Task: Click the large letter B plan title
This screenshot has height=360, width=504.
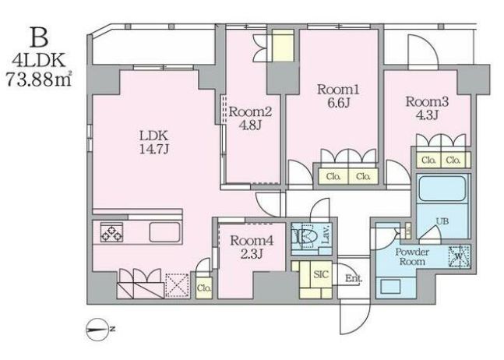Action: coord(39,37)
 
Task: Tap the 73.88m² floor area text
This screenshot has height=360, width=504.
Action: coord(39,79)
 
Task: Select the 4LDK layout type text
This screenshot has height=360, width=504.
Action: coord(39,60)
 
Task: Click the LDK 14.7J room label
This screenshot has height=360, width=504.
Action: coord(154,142)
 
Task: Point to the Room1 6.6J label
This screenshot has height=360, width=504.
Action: coord(337,96)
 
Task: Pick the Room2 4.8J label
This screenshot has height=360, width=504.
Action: coord(250,118)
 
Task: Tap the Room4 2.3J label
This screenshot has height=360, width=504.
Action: coord(252,247)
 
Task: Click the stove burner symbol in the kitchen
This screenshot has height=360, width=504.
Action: coord(111,232)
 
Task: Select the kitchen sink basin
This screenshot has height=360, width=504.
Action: coord(164,231)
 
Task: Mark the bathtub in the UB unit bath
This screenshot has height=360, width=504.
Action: coord(442,189)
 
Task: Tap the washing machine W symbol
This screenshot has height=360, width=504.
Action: coord(460,257)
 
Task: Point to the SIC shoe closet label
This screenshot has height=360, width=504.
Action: coord(321,274)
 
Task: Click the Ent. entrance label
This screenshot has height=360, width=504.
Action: coord(353,278)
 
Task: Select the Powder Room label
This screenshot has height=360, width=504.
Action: coord(412,256)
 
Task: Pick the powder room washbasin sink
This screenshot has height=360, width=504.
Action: coord(390,286)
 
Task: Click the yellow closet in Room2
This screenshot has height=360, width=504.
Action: coord(284,45)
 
